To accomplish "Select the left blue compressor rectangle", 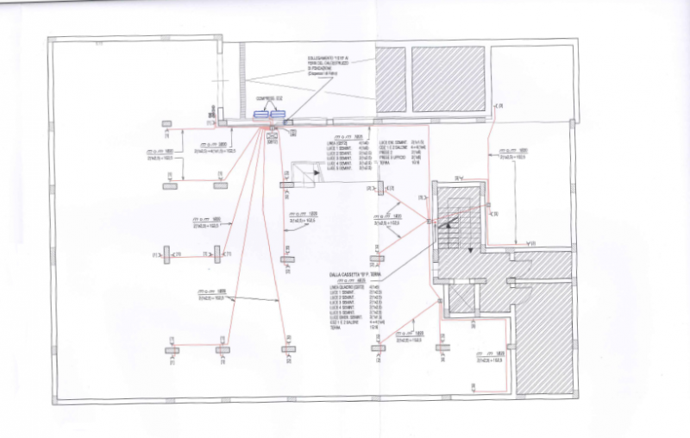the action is [x=261, y=114].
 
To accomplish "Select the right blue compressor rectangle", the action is [x=278, y=114].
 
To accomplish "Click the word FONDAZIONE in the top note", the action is [x=323, y=69].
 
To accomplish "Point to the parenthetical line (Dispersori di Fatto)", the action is [x=325, y=75].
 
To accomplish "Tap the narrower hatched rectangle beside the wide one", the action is [x=391, y=78].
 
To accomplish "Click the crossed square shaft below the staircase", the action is [x=461, y=297].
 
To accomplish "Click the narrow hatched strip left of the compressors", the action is [x=242, y=78].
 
